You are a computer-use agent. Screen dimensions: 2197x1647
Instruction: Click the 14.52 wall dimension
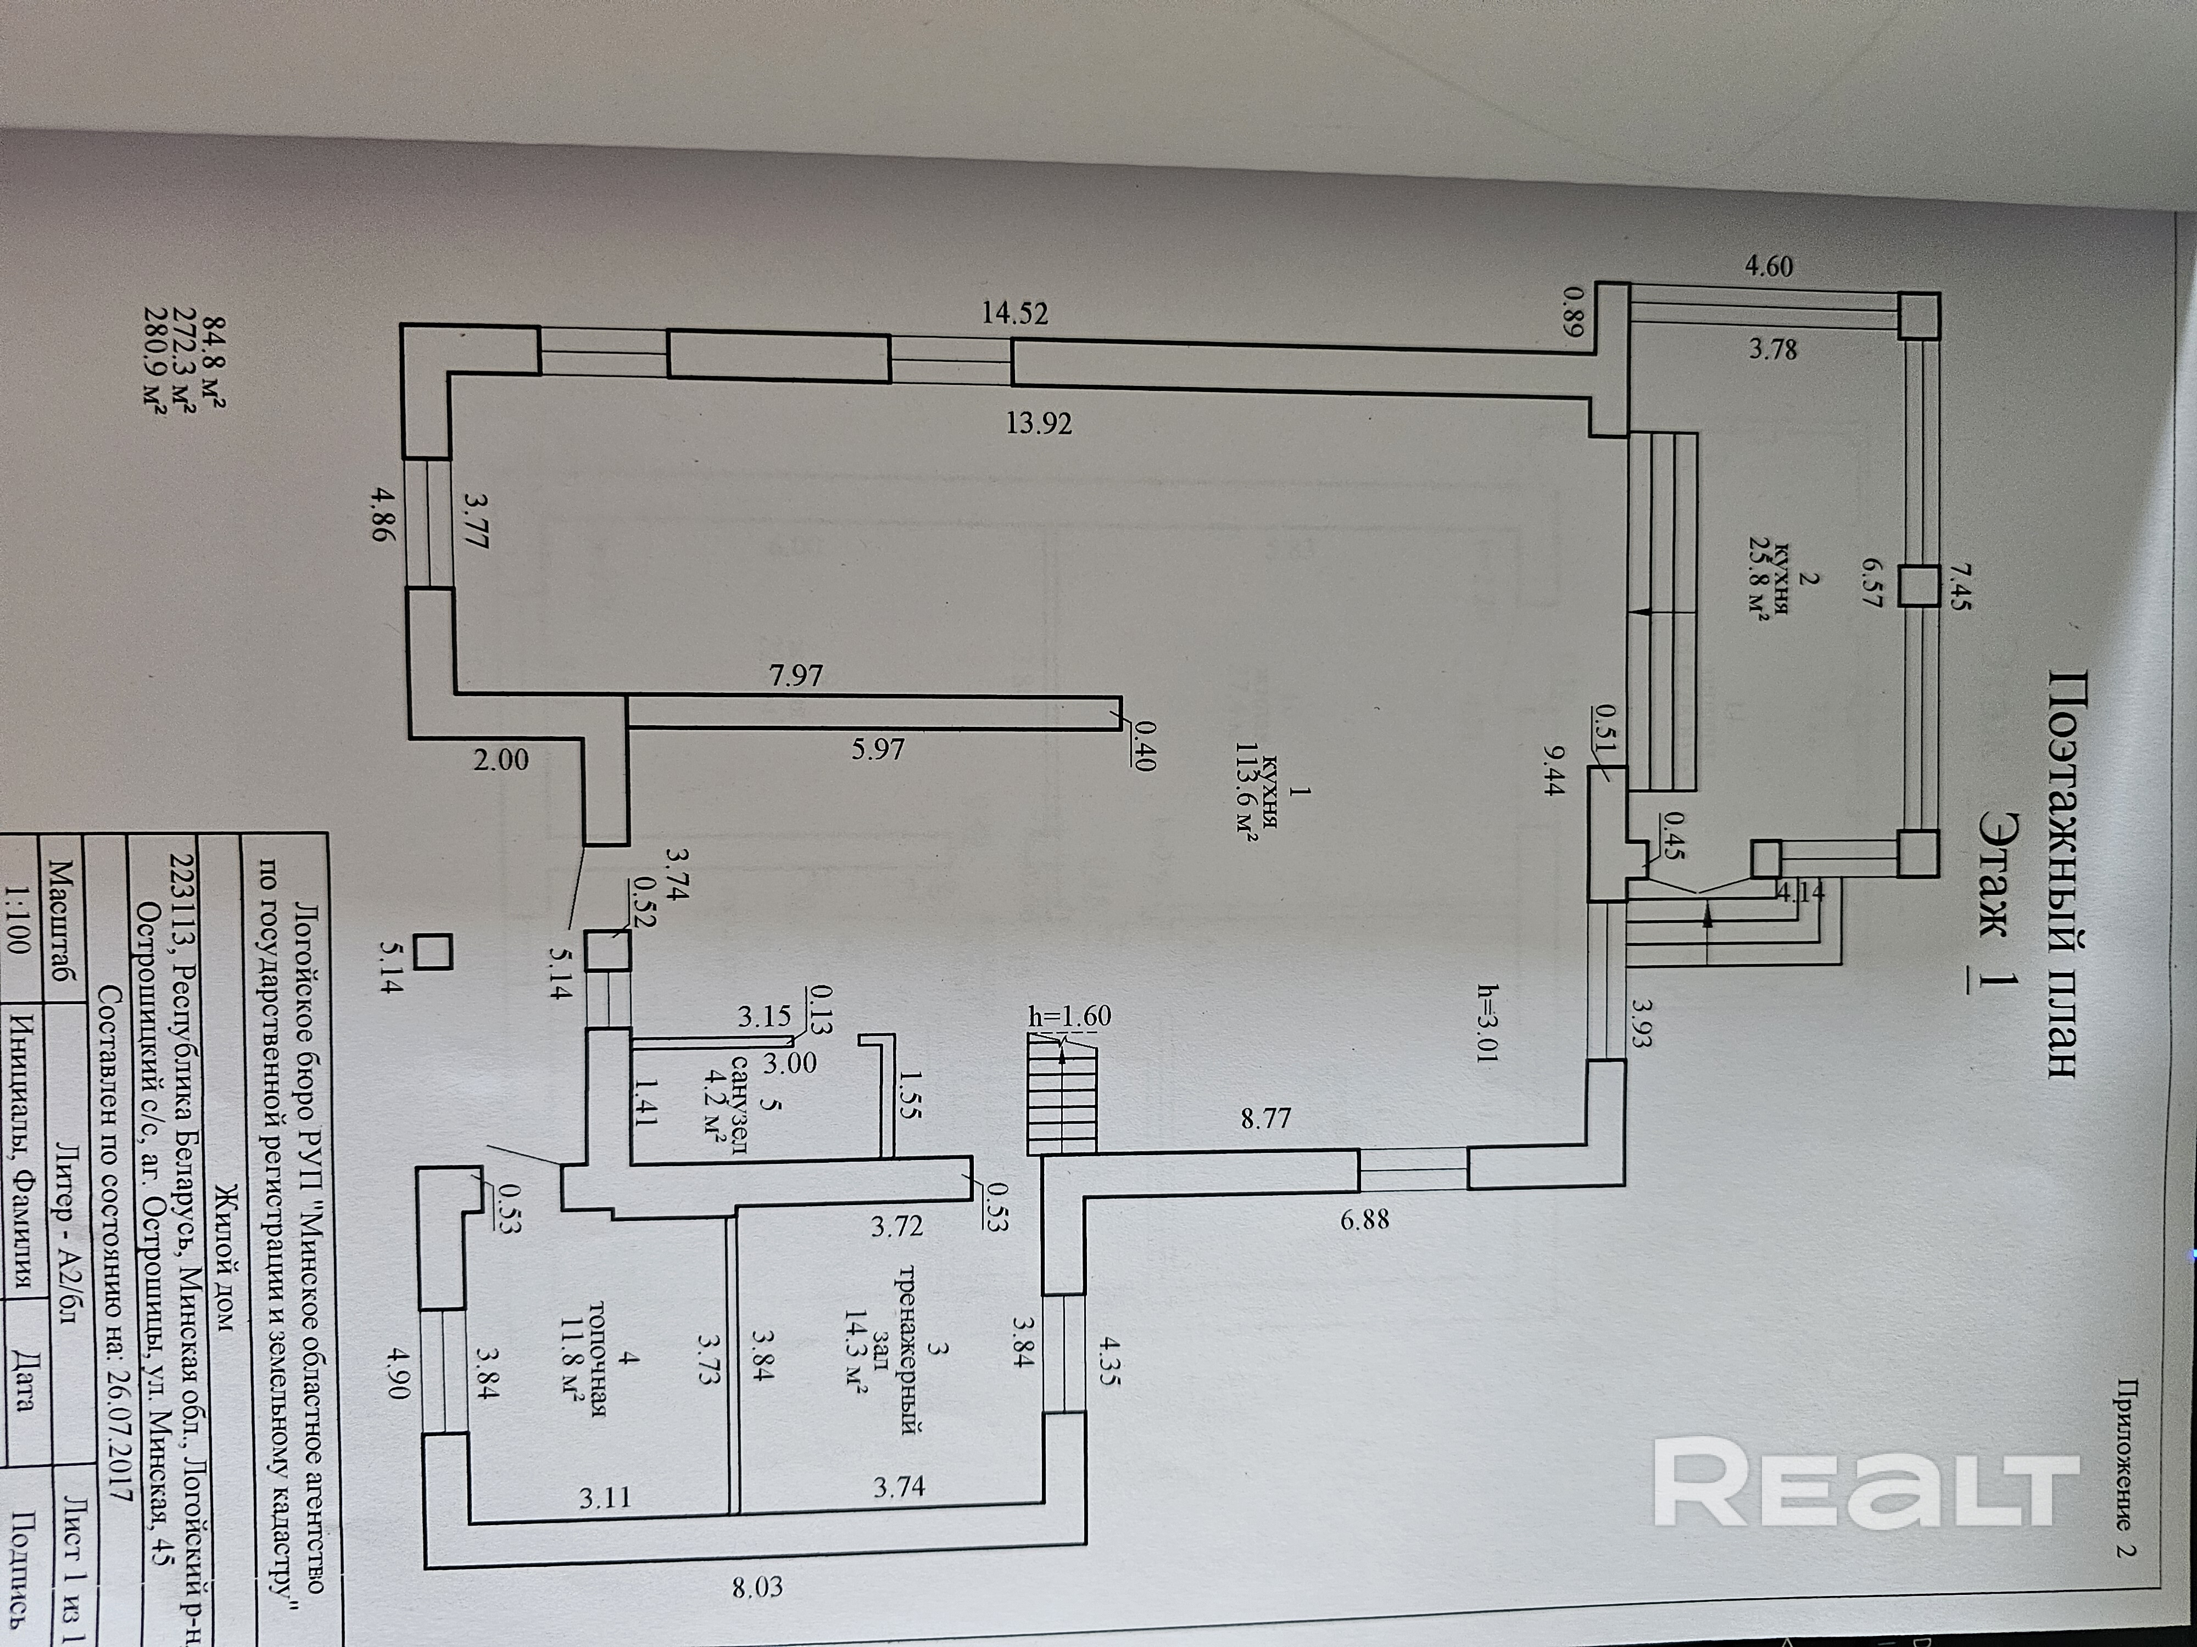(1014, 313)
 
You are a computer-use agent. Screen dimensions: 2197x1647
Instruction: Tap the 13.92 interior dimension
(1039, 424)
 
